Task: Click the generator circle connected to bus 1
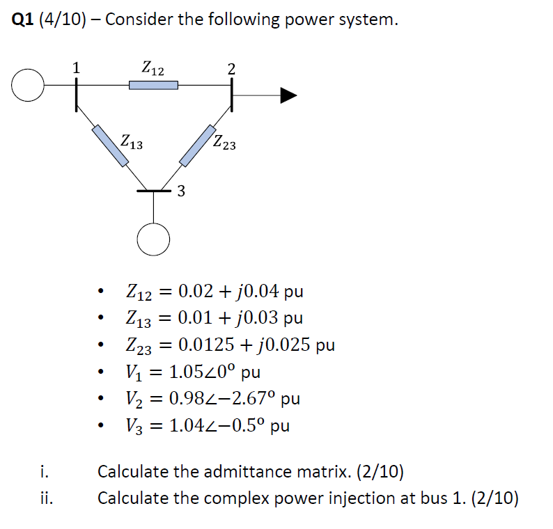pos(28,86)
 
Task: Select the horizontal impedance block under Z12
pos(153,85)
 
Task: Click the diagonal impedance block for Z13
pos(111,145)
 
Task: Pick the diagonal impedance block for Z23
pos(198,145)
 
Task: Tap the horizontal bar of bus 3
pos(153,190)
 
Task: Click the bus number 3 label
pos(180,191)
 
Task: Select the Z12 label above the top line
pos(153,68)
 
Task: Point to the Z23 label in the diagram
pos(224,143)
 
